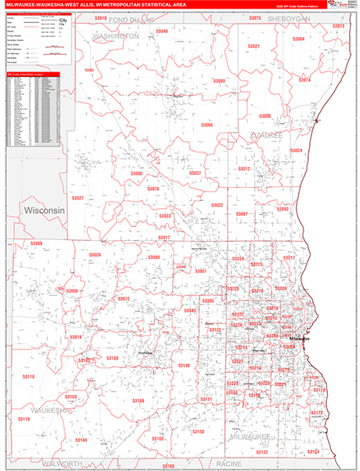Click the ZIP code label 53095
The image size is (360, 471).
tap(206, 125)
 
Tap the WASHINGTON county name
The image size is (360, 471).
tap(115, 36)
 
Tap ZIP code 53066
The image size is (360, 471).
tap(36, 244)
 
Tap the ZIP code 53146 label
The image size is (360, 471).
tap(184, 366)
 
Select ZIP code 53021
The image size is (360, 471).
tap(253, 46)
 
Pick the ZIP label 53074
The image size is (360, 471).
tap(305, 80)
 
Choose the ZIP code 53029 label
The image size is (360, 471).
tap(95, 255)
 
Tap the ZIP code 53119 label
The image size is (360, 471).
tap(24, 419)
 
